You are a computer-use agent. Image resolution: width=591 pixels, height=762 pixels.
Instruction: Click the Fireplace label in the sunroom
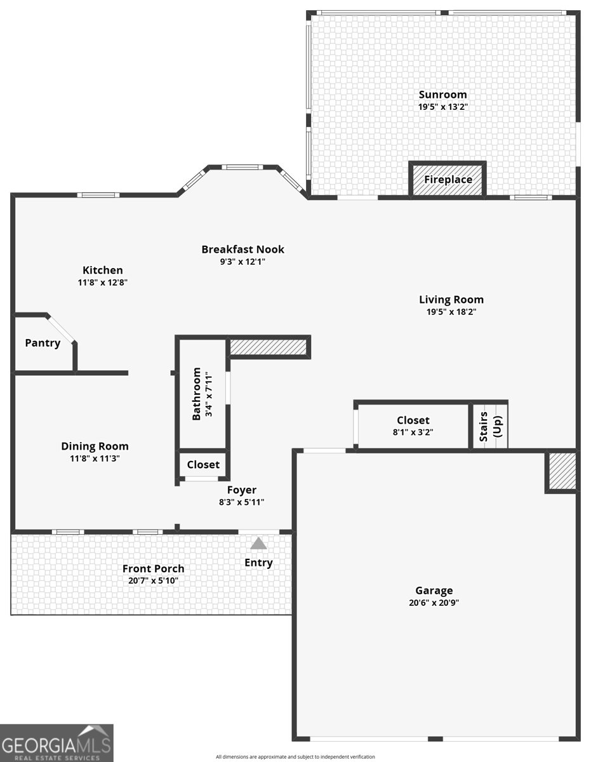click(448, 180)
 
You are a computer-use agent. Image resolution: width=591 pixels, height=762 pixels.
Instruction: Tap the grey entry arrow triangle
click(258, 544)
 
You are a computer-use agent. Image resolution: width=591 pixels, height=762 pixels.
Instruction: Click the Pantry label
click(43, 343)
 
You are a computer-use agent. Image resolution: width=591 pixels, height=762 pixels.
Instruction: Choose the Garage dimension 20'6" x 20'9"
click(434, 603)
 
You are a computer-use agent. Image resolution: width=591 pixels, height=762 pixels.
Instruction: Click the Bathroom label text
click(197, 393)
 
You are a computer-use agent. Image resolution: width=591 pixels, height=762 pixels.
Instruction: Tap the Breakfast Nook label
click(242, 250)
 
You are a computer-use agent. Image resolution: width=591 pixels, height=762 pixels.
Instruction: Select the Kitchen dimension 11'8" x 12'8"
click(102, 283)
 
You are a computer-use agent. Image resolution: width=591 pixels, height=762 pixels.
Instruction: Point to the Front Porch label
click(153, 568)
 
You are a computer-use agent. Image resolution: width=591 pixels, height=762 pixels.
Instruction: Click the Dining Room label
click(95, 446)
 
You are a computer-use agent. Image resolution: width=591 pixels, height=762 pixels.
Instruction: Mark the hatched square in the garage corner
click(562, 471)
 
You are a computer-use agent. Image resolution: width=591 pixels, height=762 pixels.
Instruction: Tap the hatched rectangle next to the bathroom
click(268, 347)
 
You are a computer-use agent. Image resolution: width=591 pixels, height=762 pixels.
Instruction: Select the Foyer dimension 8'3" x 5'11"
click(241, 502)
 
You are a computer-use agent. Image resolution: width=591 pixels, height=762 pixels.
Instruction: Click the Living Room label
click(451, 300)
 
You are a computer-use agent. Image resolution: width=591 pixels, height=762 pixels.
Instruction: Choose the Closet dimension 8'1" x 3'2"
click(413, 432)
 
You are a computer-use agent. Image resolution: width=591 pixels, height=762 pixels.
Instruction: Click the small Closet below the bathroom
click(203, 465)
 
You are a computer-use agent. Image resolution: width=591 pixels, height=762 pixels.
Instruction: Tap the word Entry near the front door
click(258, 563)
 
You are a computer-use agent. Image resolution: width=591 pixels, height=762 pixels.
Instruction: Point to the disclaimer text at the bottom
click(295, 756)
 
